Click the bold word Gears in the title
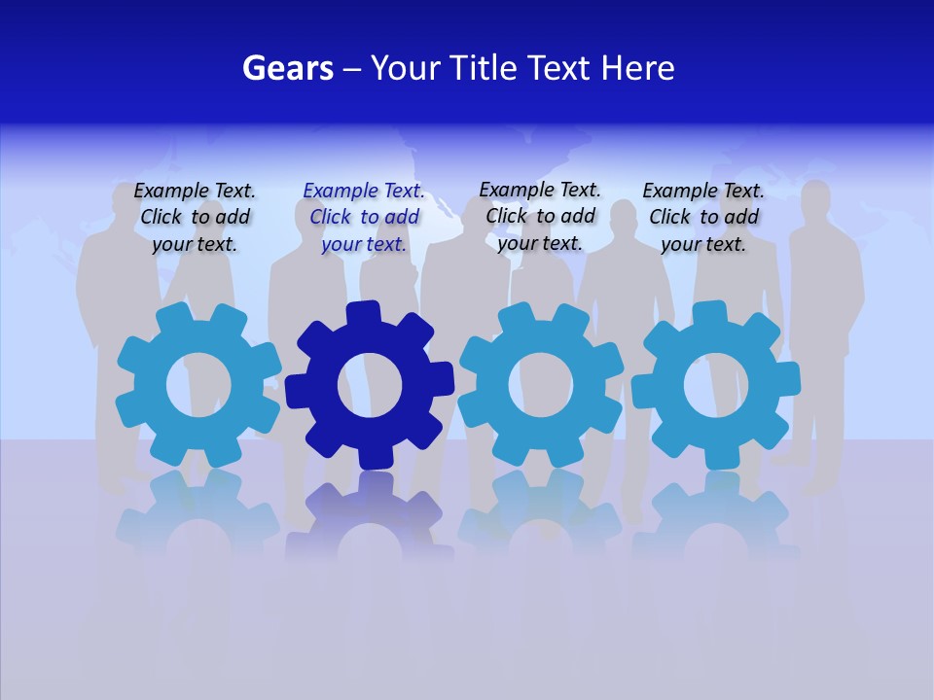287,68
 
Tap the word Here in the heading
637,68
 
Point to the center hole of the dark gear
370,386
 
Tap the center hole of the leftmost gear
198,386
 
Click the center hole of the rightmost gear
716,386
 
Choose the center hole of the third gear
540,384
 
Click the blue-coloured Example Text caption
364,218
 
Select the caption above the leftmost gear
195,218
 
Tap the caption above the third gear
540,216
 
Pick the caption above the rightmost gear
703,218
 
